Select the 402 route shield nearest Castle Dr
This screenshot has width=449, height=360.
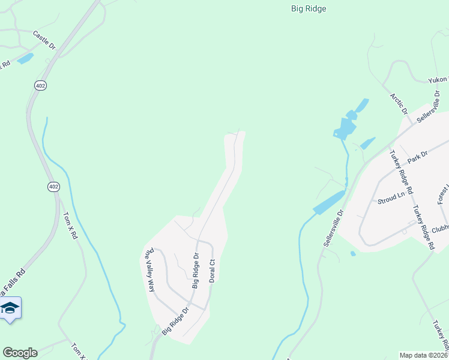[40, 86]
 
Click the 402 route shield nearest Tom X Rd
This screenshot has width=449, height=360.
[54, 187]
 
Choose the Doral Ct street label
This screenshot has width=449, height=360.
[211, 271]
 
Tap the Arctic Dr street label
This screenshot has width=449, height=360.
[398, 103]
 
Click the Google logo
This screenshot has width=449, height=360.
[20, 353]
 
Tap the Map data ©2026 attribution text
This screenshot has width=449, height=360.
[423, 355]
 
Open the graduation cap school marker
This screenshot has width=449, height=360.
[10, 308]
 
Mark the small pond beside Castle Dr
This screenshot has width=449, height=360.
[26, 58]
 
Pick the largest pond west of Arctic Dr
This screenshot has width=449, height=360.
[347, 127]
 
